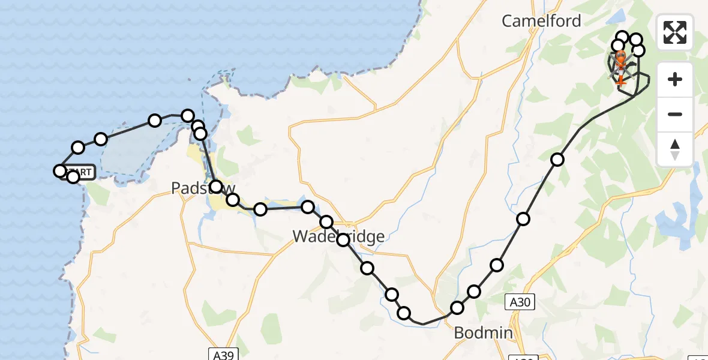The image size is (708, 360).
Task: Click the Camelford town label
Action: point(541,21)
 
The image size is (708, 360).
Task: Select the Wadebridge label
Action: point(338,236)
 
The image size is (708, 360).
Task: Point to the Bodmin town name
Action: point(483,333)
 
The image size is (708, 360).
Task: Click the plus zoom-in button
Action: point(675,79)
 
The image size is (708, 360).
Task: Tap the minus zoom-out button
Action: point(675,114)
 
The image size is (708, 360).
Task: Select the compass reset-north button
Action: point(675,149)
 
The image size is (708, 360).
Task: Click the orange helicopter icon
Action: point(620,61)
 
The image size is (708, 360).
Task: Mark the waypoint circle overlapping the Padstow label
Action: point(216,187)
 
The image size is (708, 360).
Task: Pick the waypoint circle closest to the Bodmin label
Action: point(457,308)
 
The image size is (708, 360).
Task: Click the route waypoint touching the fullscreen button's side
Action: point(636,40)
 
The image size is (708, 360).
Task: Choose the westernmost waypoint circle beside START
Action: point(60,171)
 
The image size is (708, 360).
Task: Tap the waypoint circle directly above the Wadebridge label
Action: point(326,222)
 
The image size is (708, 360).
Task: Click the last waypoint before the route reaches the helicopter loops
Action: point(557,159)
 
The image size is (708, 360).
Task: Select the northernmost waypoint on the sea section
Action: point(187,116)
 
